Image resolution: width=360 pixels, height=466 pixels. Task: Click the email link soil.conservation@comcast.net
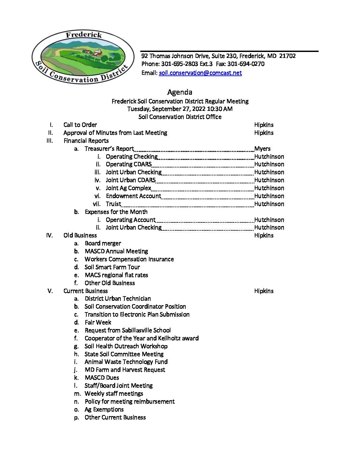click(200, 73)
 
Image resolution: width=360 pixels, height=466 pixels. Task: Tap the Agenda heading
click(180, 92)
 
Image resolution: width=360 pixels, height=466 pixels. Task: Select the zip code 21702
click(287, 56)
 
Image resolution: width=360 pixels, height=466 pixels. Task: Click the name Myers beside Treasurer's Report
click(262, 149)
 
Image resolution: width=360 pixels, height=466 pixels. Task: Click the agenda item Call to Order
click(80, 125)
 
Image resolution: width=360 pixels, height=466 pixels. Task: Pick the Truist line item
click(113, 204)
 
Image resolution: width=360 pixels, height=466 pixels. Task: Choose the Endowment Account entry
click(133, 196)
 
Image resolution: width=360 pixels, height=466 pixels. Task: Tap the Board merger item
click(103, 243)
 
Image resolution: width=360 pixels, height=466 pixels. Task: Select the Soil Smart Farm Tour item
click(112, 267)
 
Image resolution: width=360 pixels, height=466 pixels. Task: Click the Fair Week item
click(98, 322)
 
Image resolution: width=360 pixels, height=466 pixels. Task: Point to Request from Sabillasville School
click(128, 330)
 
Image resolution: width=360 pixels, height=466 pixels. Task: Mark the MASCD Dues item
click(102, 378)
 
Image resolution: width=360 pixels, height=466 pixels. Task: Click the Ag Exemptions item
click(104, 409)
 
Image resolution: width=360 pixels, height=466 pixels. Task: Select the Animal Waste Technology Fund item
click(126, 362)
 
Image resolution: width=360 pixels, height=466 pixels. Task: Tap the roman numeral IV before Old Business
click(49, 235)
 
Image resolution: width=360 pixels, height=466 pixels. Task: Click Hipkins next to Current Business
click(264, 291)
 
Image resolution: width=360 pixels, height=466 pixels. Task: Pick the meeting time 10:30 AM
click(220, 109)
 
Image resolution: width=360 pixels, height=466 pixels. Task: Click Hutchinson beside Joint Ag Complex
click(269, 188)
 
